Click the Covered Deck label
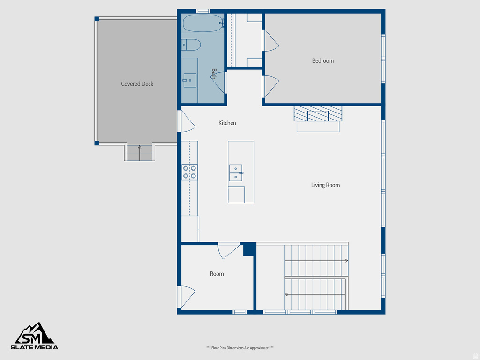137,84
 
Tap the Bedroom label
323,61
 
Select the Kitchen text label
227,123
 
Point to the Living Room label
325,185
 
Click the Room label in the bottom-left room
217,274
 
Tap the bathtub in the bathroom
202,22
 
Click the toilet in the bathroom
191,45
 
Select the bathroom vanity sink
189,80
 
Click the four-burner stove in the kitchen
190,172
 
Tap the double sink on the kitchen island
236,172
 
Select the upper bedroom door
270,40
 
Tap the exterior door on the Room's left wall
186,297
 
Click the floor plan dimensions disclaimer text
240,348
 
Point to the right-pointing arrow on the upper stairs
346,260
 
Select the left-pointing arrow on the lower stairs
286,294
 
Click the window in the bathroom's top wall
203,11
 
